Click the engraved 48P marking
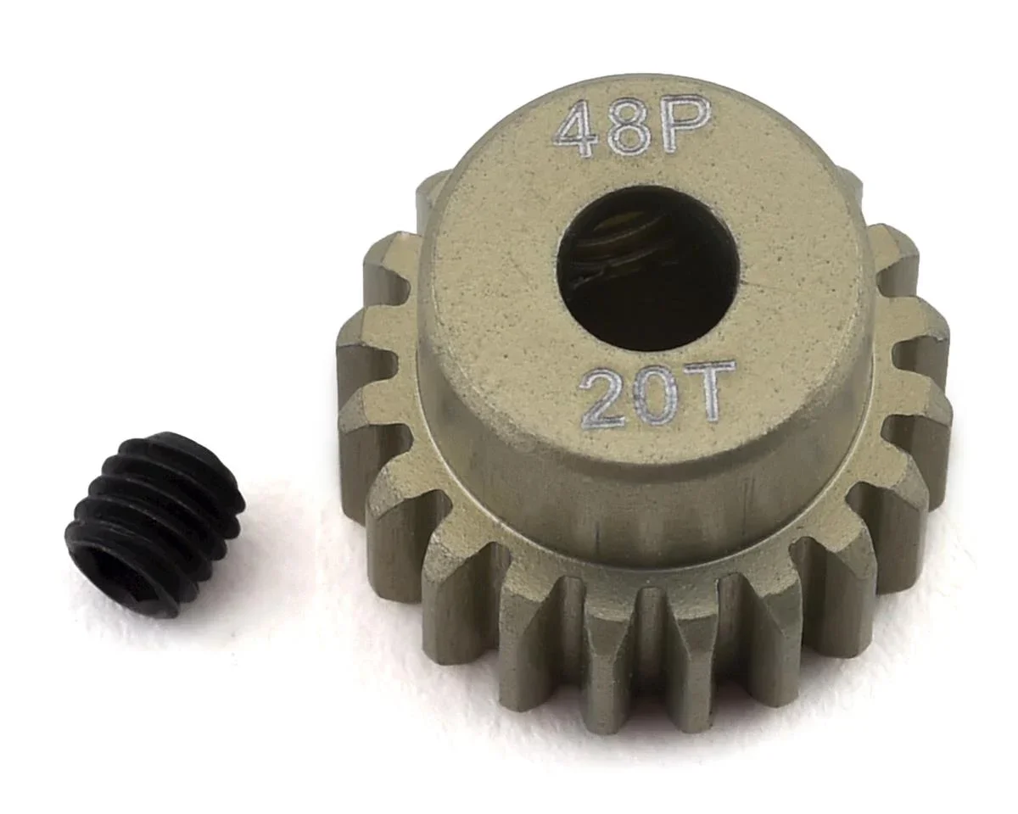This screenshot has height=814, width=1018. [629, 127]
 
